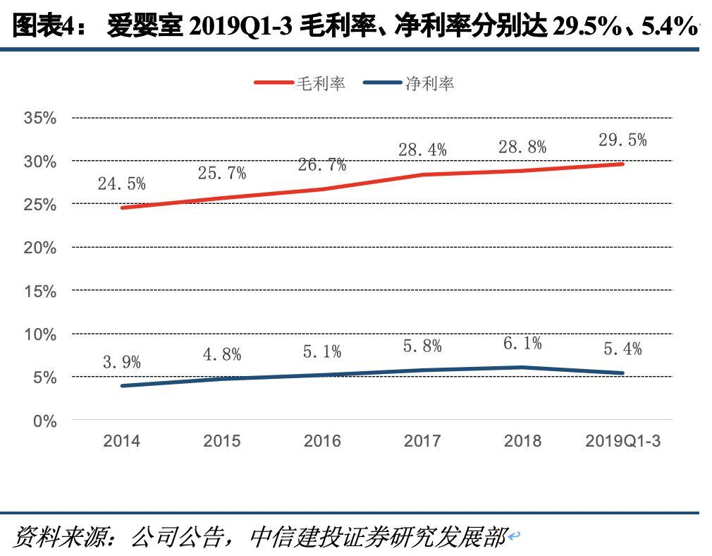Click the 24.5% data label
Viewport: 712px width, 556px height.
(121, 184)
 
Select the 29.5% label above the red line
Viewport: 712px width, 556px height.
(622, 140)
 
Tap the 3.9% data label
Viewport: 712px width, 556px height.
(121, 363)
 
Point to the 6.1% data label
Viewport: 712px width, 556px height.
(522, 343)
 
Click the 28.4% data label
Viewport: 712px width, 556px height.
(422, 149)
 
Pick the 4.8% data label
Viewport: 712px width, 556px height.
(222, 354)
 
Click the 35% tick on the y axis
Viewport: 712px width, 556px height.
(40, 118)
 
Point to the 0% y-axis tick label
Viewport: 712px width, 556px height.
(45, 421)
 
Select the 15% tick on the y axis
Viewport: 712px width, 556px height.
(40, 291)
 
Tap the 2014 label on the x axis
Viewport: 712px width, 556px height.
(121, 442)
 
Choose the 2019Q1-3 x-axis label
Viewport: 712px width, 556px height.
(623, 442)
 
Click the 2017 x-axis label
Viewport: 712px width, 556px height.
(422, 442)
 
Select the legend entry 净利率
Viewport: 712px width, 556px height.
(429, 83)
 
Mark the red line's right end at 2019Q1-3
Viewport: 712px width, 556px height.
(622, 164)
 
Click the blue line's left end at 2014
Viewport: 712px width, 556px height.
(122, 386)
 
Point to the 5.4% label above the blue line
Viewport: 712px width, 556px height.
(622, 348)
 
